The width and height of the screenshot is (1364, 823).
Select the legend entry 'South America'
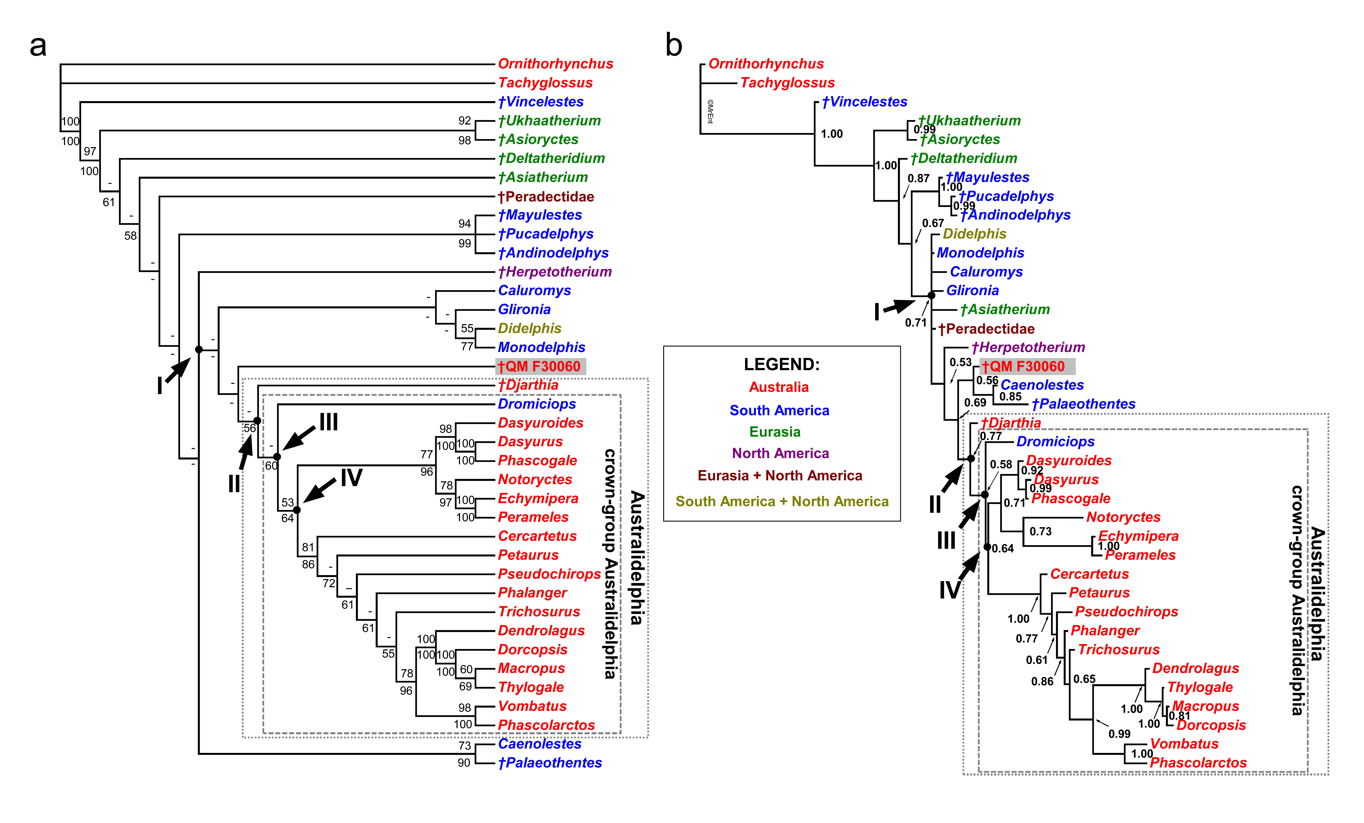pos(779,410)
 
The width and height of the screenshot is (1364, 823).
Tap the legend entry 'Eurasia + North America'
pos(780,475)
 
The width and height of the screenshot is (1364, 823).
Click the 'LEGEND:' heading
pos(782,364)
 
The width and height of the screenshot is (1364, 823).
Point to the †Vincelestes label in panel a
pos(541,102)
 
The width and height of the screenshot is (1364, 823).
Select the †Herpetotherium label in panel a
pos(555,272)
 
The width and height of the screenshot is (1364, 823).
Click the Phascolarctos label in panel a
pos(546,725)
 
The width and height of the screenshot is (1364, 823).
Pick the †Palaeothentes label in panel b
pos(1083,404)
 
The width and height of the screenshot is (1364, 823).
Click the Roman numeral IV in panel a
pos(351,477)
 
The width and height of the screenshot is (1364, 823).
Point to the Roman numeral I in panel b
pos(877,312)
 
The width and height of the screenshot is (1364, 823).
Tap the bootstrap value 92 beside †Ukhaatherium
pos(464,121)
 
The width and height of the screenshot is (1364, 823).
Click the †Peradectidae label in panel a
pos(546,196)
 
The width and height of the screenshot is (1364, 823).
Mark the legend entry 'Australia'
pos(779,387)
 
